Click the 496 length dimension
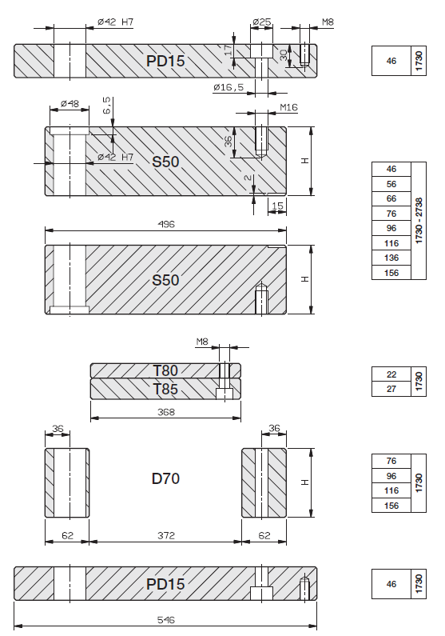tap(166, 224)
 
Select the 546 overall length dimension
tap(166, 620)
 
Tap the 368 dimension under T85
tap(166, 412)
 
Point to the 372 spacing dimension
tap(166, 536)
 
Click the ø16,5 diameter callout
tap(228, 87)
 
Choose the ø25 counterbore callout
tap(261, 22)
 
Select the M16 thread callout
tap(288, 107)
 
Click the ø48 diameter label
tap(70, 104)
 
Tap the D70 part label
tap(165, 478)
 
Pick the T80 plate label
tap(165, 370)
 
